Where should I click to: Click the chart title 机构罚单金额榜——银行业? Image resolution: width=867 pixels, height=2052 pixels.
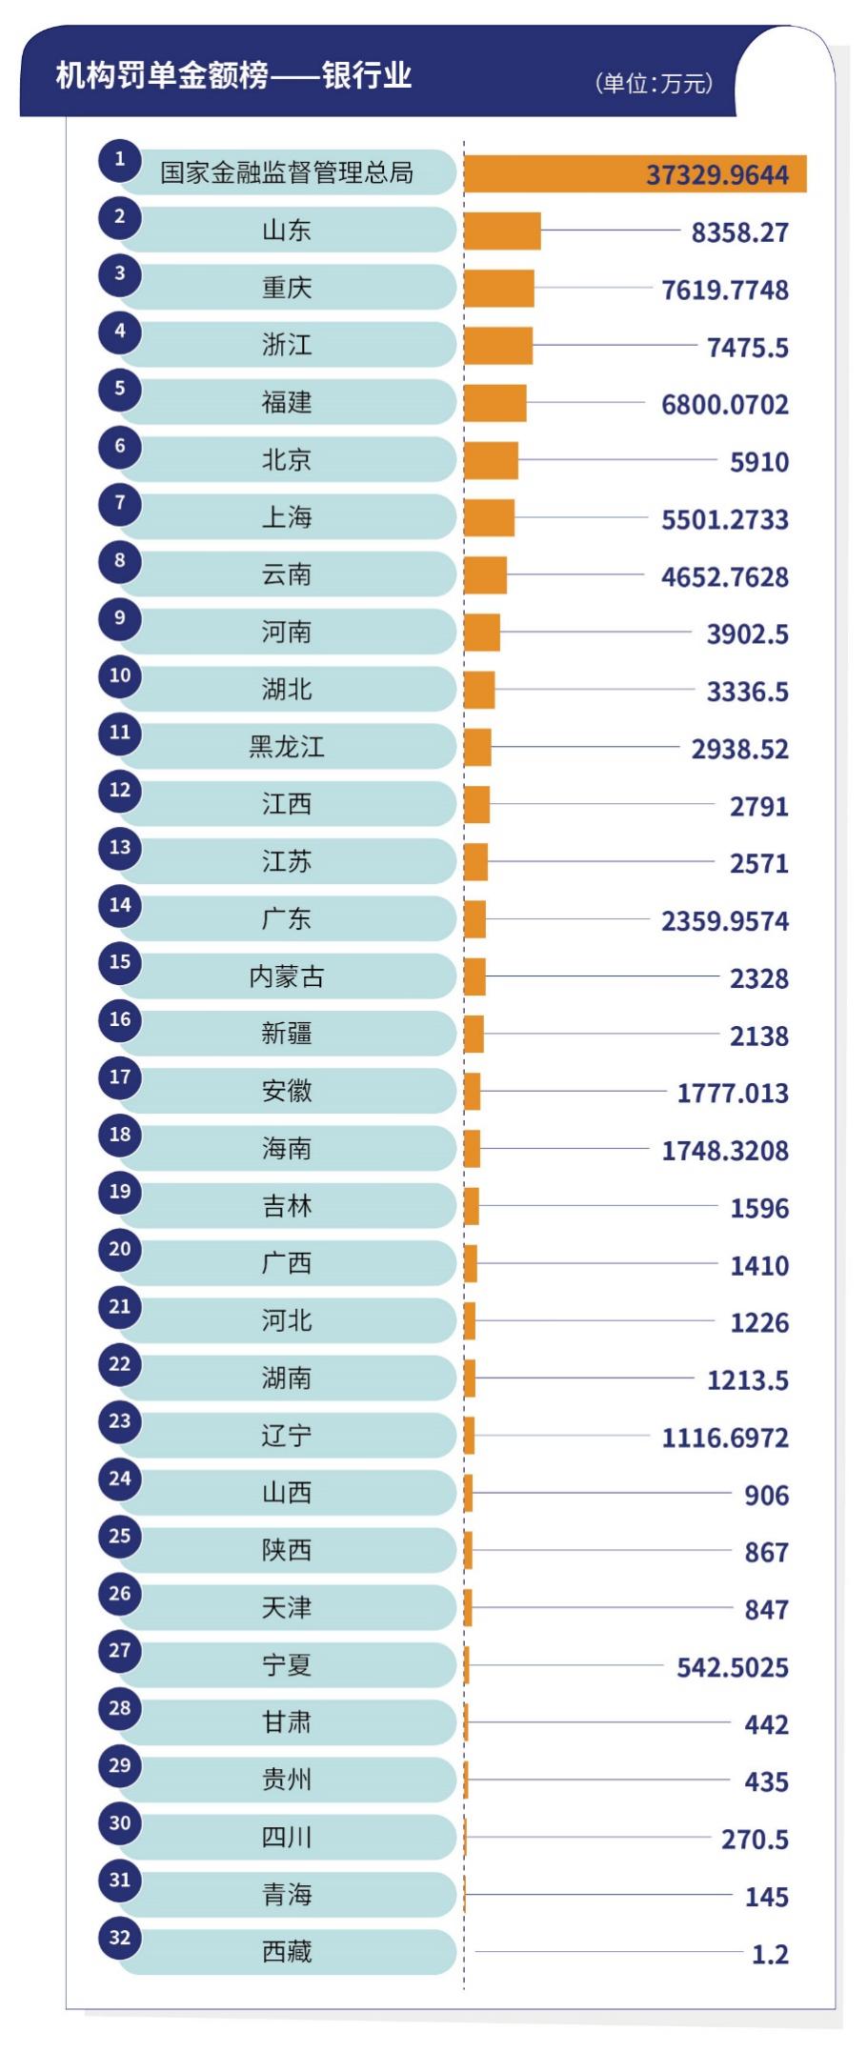233,75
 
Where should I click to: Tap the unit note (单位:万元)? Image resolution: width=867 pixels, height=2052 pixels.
654,83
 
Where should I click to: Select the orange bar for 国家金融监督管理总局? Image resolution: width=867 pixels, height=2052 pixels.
635,174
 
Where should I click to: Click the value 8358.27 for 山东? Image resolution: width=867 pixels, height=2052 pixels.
739,232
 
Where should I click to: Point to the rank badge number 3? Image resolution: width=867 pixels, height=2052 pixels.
120,274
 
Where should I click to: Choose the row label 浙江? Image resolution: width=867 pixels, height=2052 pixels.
287,345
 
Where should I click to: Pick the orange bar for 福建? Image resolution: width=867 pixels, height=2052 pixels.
495,403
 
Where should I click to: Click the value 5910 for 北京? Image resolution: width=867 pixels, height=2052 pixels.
758,462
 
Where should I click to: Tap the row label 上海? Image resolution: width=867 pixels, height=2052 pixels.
287,517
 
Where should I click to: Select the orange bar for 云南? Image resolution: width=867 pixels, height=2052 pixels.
486,575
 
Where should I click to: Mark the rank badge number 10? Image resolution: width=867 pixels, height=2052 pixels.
120,675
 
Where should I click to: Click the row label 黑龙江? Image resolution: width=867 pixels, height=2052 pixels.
287,747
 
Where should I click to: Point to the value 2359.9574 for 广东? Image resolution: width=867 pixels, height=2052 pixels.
725,921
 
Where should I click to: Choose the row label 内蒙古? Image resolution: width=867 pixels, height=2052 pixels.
287,976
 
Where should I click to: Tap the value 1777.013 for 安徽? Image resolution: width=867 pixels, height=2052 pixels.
733,1093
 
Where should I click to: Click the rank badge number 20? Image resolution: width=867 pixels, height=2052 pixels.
120,1249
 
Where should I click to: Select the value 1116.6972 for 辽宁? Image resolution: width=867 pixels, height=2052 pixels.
725,1438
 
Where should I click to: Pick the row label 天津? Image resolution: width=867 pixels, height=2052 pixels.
287,1608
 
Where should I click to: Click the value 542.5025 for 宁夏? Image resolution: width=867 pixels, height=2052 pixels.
733,1667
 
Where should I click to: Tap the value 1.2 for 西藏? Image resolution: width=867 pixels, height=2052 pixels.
770,1954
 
